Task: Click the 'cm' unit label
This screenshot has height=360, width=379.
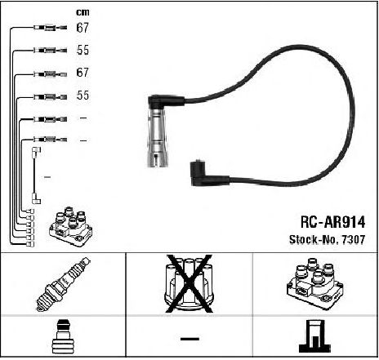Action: (82, 12)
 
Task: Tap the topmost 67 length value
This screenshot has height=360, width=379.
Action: (82, 28)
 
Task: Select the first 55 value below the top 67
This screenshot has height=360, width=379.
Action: (82, 50)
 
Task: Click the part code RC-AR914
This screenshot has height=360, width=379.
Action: (332, 222)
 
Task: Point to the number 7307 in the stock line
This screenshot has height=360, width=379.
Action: (354, 239)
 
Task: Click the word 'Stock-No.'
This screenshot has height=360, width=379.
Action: (314, 239)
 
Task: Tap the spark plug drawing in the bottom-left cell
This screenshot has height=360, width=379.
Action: (63, 284)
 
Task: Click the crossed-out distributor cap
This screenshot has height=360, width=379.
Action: (189, 283)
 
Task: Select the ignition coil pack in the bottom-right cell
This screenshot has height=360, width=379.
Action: (315, 283)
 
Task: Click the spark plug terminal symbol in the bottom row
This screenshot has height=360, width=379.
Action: (63, 336)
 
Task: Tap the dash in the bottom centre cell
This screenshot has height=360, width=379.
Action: (189, 339)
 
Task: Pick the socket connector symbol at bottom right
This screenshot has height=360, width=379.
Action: (314, 336)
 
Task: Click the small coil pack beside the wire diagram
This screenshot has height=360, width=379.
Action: (71, 227)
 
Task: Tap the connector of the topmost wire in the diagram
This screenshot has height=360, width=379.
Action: (50, 28)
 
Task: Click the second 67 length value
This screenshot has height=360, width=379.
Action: (82, 73)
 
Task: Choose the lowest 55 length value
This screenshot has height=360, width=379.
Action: (82, 96)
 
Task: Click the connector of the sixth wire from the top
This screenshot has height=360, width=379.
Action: (50, 140)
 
